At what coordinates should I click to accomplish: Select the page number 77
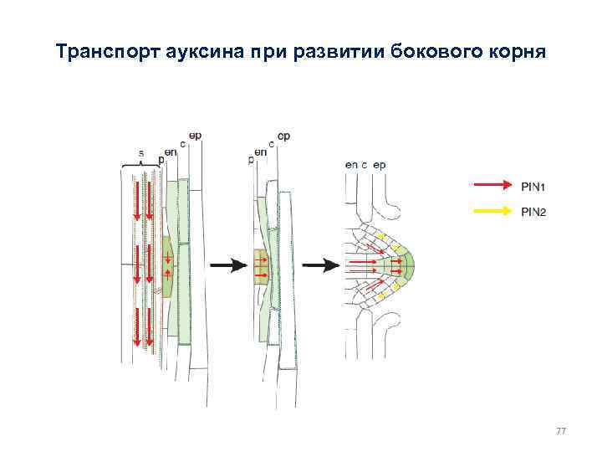point(560,430)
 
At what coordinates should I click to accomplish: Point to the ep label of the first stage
point(194,135)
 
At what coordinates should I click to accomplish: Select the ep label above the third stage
point(380,165)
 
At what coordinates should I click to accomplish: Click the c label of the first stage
point(181,144)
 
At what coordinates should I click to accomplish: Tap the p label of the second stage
point(251,159)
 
